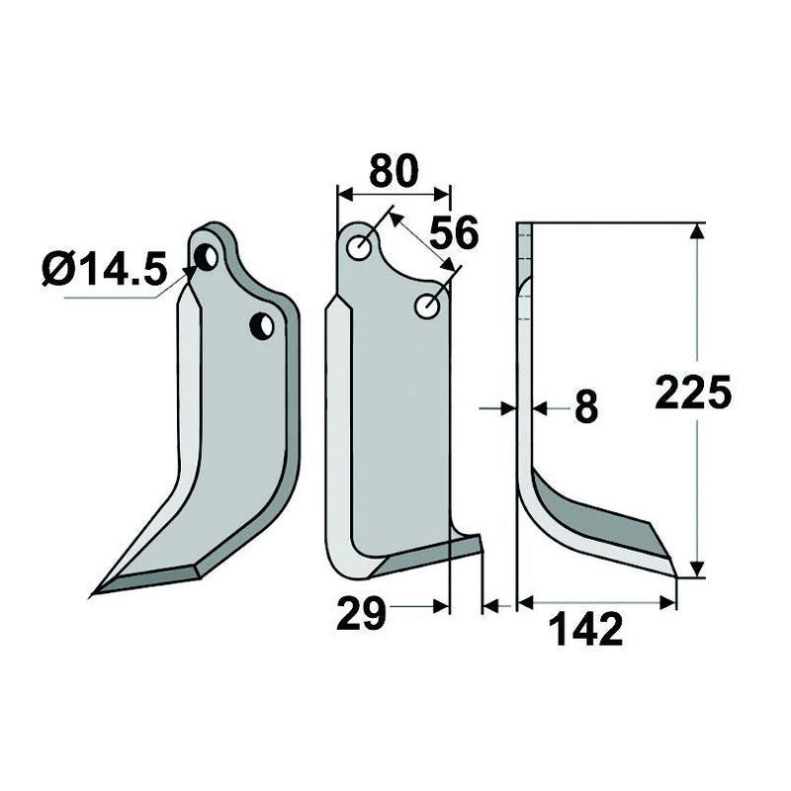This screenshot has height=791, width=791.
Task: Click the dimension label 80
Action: pyautogui.click(x=394, y=171)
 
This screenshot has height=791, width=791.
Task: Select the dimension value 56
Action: pyautogui.click(x=453, y=233)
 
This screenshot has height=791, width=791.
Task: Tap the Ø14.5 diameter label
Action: pyautogui.click(x=104, y=269)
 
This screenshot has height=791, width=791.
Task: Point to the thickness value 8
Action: pyautogui.click(x=585, y=407)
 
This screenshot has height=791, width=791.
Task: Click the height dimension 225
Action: pyautogui.click(x=693, y=393)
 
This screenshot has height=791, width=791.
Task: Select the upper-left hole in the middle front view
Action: pyautogui.click(x=361, y=247)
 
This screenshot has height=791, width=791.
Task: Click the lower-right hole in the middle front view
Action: pyautogui.click(x=428, y=307)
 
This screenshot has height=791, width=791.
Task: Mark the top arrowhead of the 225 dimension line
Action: pyautogui.click(x=698, y=231)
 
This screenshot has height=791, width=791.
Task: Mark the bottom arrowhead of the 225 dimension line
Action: pyautogui.click(x=698, y=570)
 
